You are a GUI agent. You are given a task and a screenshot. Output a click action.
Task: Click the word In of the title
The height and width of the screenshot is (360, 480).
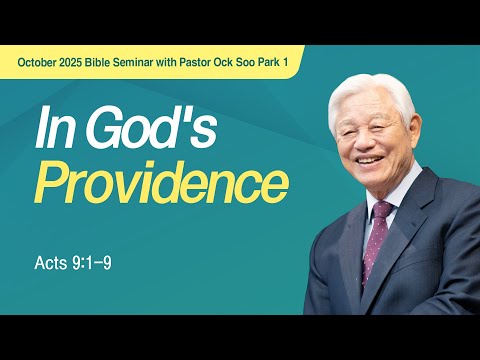[49, 131]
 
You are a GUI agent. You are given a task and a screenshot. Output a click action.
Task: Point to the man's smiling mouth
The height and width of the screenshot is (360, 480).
[369, 159]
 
